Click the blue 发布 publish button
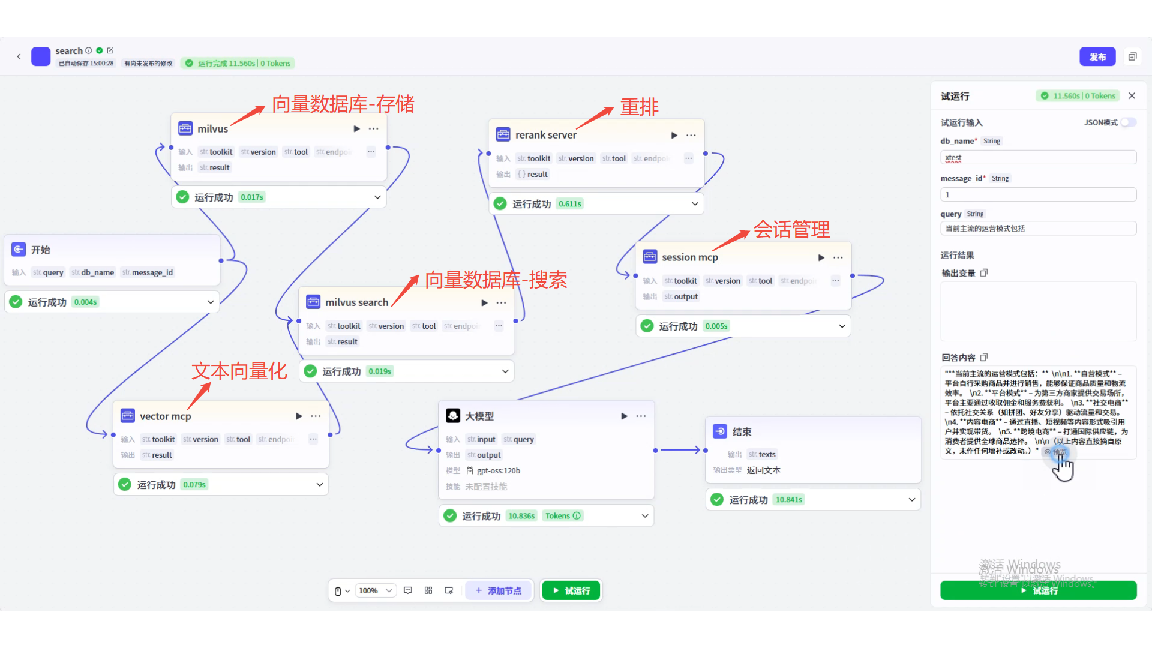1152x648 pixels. (1097, 57)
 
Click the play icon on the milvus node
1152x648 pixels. (357, 129)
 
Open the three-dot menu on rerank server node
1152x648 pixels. (691, 136)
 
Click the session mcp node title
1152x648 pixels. (689, 257)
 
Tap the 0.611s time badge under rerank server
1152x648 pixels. (569, 204)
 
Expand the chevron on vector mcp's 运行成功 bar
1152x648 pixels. (319, 485)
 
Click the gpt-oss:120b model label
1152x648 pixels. (498, 471)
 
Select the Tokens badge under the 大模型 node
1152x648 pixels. (562, 516)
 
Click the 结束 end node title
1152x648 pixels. (742, 432)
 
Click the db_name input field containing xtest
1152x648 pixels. (1038, 158)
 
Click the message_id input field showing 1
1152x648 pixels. (1038, 195)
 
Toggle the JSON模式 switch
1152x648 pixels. (1128, 122)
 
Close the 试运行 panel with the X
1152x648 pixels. (1132, 96)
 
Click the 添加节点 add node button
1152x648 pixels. (499, 591)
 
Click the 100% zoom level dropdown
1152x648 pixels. (376, 591)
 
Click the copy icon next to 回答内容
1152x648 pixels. (984, 358)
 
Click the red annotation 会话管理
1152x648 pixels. (791, 229)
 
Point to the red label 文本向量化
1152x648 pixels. (239, 371)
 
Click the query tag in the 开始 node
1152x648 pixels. (49, 272)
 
